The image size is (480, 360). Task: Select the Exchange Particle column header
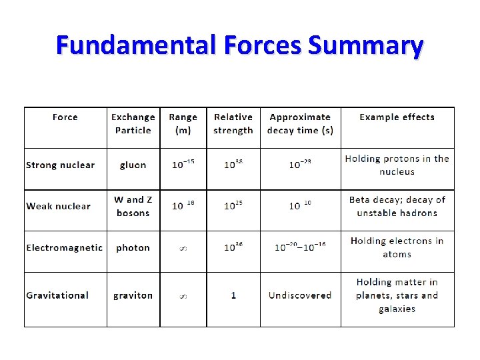point(133,124)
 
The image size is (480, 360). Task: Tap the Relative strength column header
point(233,124)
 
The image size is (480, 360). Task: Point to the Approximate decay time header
point(300,124)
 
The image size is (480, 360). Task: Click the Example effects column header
point(397,117)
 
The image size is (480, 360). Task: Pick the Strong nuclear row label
point(61,165)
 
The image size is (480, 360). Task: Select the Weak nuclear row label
point(58,206)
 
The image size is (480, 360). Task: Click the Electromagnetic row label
point(65,248)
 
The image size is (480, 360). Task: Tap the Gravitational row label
point(57,295)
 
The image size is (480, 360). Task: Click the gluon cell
point(133,165)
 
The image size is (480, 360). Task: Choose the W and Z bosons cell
point(133,206)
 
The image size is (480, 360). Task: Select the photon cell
point(133,248)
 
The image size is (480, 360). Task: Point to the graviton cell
point(133,295)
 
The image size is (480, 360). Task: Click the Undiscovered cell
point(300,295)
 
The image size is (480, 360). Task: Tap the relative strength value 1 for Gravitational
point(233,295)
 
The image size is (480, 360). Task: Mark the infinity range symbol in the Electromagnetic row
point(183,248)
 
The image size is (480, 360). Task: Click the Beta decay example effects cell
point(397,206)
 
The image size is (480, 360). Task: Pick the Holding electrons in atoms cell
point(397,247)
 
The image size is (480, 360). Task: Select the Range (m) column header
point(183,124)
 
